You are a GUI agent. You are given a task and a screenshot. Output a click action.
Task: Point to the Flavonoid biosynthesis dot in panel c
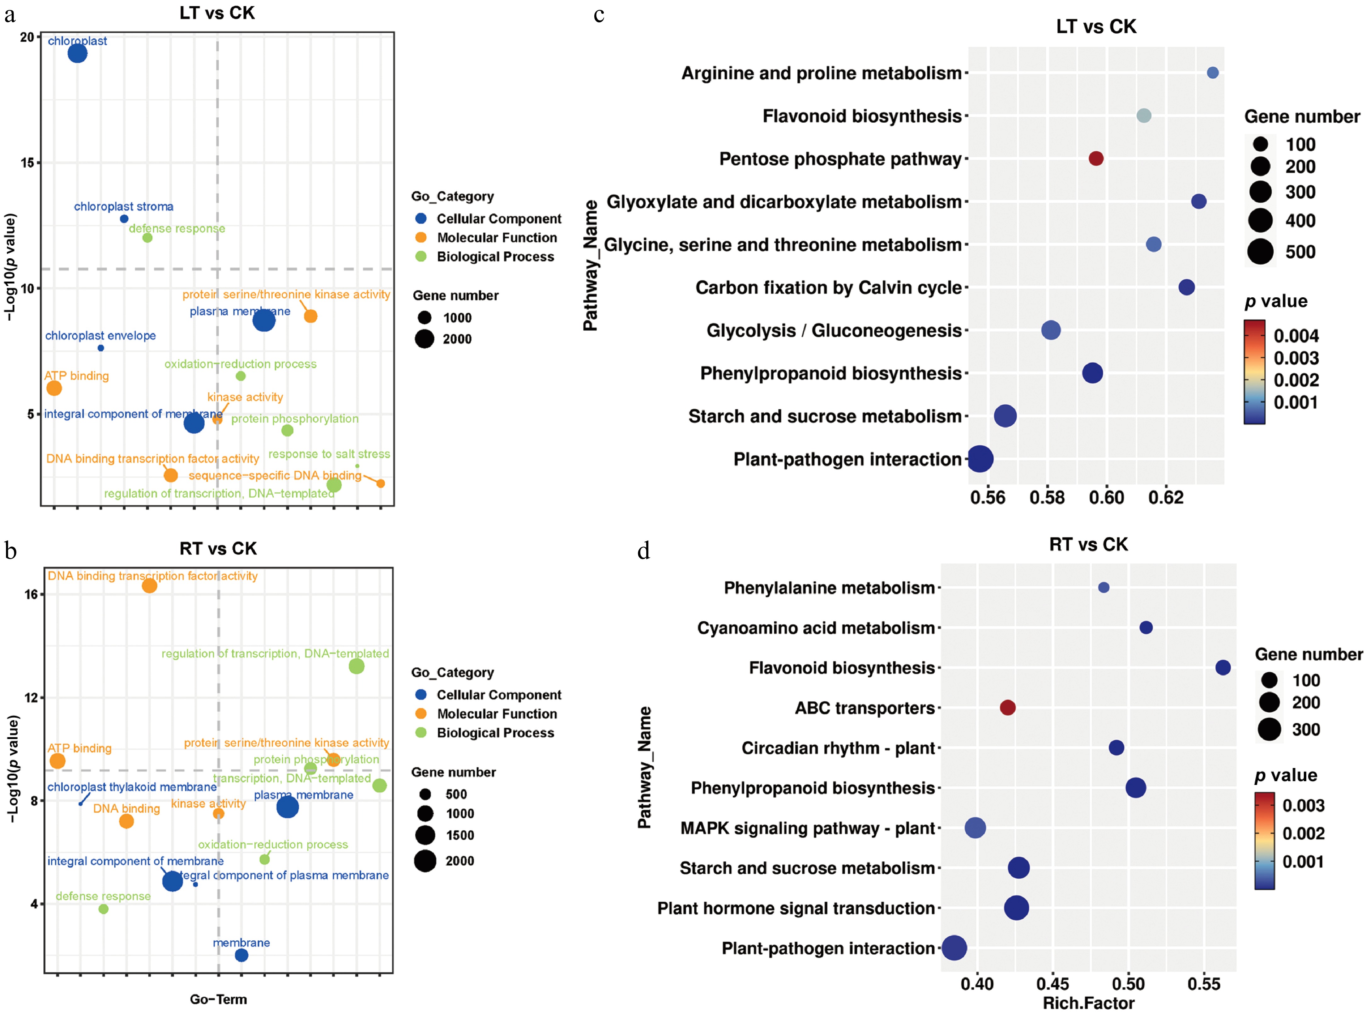pyautogui.click(x=1143, y=115)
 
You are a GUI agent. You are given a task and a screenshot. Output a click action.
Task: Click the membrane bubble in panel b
pyautogui.click(x=241, y=955)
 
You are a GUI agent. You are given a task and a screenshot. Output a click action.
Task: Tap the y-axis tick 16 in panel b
pyautogui.click(x=31, y=594)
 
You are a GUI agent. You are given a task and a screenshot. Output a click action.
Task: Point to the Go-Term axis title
pyautogui.click(x=218, y=999)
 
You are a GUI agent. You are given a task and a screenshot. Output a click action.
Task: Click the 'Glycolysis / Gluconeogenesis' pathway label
pyautogui.click(x=834, y=330)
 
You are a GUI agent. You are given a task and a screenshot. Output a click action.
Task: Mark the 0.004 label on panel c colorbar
pyautogui.click(x=1296, y=336)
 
